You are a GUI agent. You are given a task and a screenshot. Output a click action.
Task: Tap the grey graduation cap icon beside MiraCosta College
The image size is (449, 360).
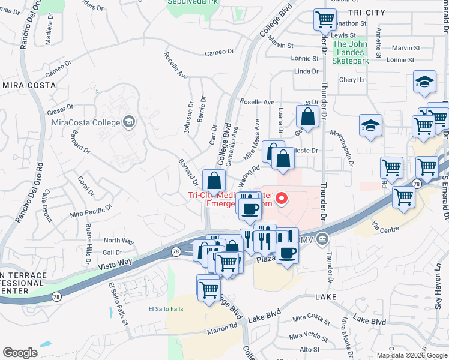coord(128,123)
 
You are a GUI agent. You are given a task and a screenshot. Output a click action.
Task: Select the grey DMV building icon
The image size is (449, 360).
coord(323,240)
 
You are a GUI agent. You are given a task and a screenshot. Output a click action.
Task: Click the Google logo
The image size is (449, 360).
coord(20,353)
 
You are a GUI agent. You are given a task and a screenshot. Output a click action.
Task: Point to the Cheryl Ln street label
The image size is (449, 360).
coord(353,80)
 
